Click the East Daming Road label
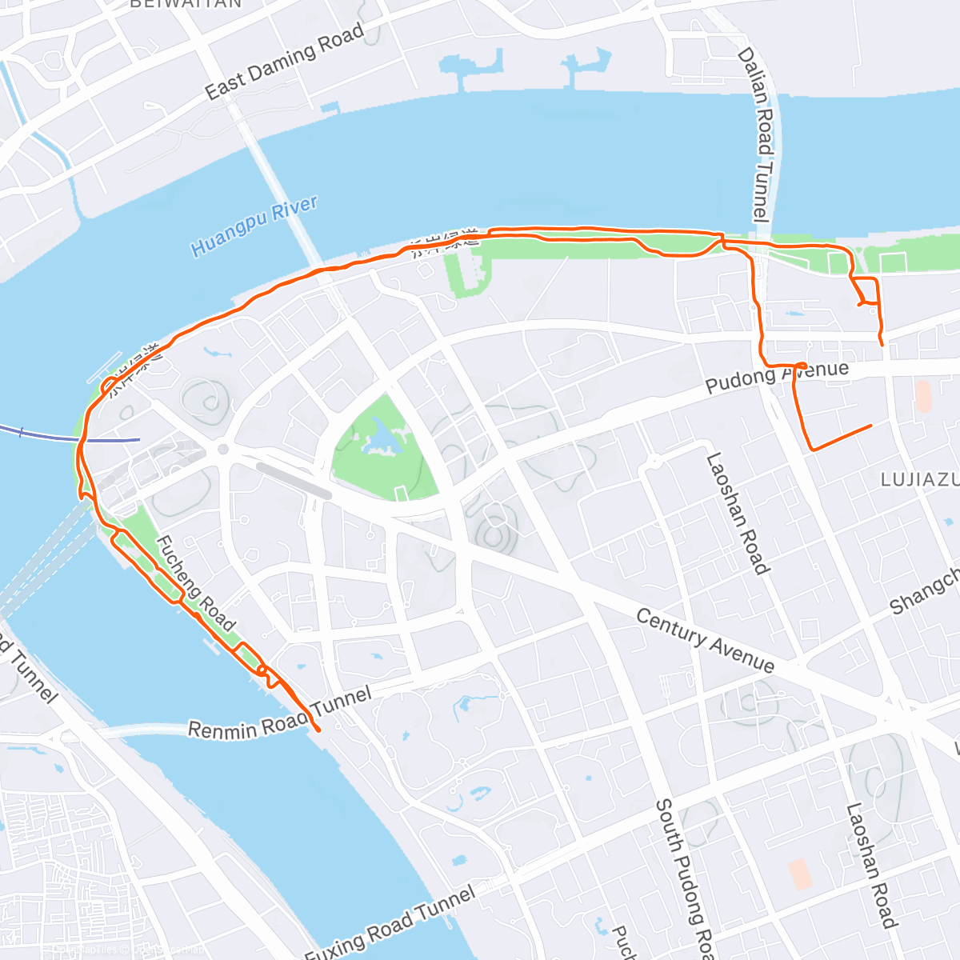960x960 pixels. [x=284, y=61]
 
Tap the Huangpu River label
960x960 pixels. [x=254, y=226]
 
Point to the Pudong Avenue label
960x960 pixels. [x=776, y=376]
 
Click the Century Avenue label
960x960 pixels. [x=705, y=641]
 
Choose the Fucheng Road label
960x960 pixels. [x=195, y=583]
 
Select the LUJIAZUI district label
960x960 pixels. [x=919, y=480]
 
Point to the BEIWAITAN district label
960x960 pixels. [x=186, y=4]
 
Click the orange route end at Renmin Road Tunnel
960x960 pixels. [x=318, y=730]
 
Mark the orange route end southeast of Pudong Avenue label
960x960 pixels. [x=870, y=426]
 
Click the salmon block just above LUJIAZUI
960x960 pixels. [x=923, y=397]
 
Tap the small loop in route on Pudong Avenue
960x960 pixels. [x=801, y=366]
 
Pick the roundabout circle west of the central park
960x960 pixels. [x=222, y=449]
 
